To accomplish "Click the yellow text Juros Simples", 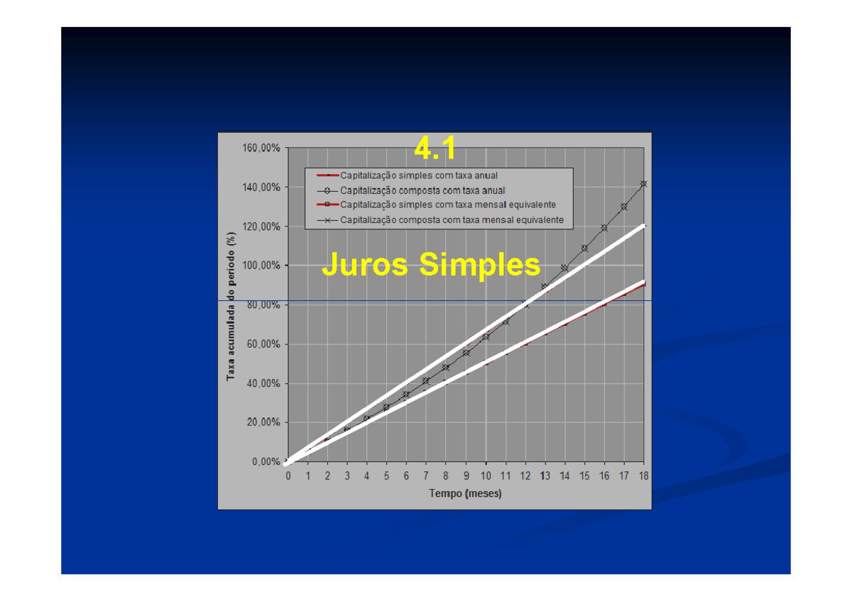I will tap(431, 266).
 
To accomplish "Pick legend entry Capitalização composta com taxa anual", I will tap(422, 190).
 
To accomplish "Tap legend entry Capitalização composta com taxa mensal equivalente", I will tap(452, 220).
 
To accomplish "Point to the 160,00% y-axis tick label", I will tap(261, 148).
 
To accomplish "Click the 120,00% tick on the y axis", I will tap(261, 226).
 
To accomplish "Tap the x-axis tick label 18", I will tap(643, 476).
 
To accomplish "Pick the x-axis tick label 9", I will tap(466, 476).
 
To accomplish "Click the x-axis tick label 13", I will tap(545, 476).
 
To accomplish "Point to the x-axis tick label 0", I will tap(288, 476).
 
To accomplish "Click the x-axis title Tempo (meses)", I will tap(465, 494).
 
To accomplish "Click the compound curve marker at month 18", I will tap(643, 184).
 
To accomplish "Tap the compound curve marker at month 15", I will tap(584, 248).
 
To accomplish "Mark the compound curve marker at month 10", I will tap(486, 336).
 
